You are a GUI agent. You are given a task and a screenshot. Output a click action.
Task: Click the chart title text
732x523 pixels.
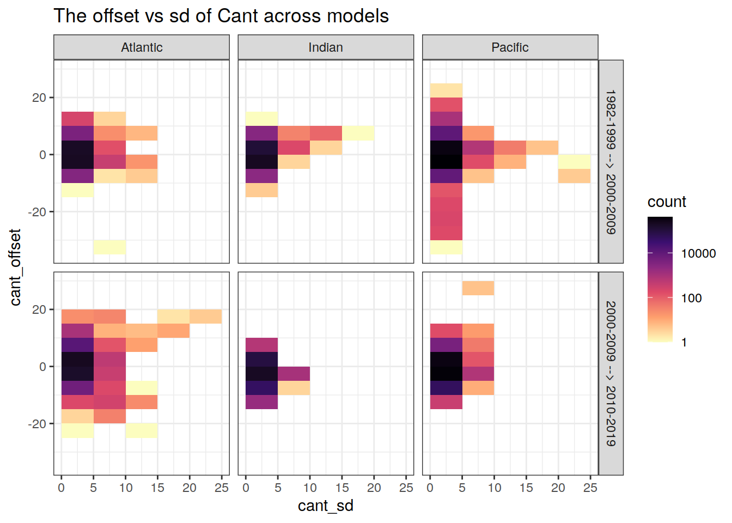[x=221, y=16]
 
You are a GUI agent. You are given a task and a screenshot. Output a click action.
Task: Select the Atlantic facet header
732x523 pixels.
[x=142, y=47]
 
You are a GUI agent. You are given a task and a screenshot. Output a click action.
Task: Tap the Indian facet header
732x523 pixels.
[x=326, y=47]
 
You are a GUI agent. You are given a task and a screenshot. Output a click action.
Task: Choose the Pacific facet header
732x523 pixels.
[x=510, y=47]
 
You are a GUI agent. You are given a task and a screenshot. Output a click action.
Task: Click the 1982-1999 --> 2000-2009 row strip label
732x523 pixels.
[x=611, y=162]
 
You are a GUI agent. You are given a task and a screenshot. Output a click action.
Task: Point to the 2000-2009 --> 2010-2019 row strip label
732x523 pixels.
[x=611, y=373]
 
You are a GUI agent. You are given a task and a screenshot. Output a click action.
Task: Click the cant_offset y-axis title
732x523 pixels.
[x=15, y=267]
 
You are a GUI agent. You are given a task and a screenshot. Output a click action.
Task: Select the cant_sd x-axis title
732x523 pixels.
[x=326, y=506]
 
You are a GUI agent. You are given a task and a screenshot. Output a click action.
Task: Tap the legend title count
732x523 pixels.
[x=667, y=202]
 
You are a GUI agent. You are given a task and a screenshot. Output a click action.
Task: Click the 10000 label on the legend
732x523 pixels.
[x=698, y=253]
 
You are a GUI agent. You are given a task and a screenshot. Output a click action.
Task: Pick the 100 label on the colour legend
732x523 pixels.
[x=691, y=298]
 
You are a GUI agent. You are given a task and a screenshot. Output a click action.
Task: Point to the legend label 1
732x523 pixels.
[x=684, y=343]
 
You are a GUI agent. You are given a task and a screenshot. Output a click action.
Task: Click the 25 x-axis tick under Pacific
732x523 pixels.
[x=590, y=488]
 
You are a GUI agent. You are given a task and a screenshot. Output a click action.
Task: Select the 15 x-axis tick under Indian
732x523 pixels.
[x=342, y=488]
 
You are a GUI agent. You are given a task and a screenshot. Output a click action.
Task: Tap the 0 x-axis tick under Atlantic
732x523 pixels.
[x=62, y=488]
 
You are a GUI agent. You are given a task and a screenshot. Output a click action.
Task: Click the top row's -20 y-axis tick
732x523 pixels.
[x=38, y=212]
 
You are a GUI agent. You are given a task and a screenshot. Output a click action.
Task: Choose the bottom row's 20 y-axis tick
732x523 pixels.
[x=39, y=309]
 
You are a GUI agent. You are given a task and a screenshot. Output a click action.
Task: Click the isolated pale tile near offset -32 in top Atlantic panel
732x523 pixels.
[x=109, y=247]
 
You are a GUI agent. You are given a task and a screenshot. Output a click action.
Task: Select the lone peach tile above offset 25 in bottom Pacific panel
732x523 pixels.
[x=478, y=288]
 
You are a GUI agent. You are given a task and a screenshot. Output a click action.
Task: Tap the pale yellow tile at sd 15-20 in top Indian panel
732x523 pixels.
[x=358, y=133]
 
